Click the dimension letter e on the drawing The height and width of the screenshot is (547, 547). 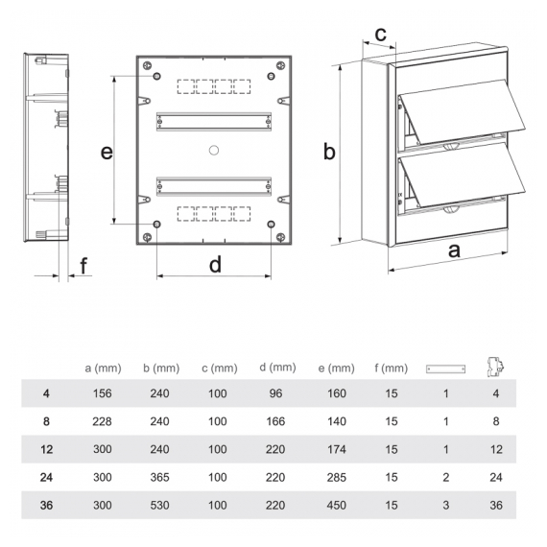pyautogui.click(x=107, y=153)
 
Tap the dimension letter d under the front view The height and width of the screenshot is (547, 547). pyautogui.click(x=215, y=264)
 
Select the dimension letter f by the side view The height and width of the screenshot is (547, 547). pyautogui.click(x=83, y=266)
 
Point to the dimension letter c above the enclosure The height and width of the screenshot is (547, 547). pyautogui.click(x=381, y=35)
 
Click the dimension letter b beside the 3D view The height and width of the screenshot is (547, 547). pyautogui.click(x=329, y=152)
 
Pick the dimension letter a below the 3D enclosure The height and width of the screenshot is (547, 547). pyautogui.click(x=454, y=250)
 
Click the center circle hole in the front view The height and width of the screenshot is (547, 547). pyautogui.click(x=214, y=151)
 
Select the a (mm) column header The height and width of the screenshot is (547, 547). pyautogui.click(x=103, y=369)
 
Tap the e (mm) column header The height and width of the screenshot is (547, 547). pyautogui.click(x=336, y=369)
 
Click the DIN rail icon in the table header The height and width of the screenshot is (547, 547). pyautogui.click(x=445, y=369)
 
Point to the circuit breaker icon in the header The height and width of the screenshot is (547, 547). pyautogui.click(x=496, y=367)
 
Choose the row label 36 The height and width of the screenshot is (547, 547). pyautogui.click(x=46, y=505)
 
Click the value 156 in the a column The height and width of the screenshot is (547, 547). pyautogui.click(x=103, y=393)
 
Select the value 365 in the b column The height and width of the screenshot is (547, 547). pyautogui.click(x=159, y=477)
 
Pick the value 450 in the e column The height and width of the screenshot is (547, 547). pyautogui.click(x=337, y=505)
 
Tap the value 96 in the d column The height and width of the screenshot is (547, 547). pyautogui.click(x=275, y=393)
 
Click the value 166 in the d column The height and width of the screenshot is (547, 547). pyautogui.click(x=275, y=421)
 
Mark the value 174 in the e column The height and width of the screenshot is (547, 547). pyautogui.click(x=337, y=449)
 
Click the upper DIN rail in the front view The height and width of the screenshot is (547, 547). pyautogui.click(x=214, y=122)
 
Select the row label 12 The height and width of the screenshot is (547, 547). pyautogui.click(x=46, y=449)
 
